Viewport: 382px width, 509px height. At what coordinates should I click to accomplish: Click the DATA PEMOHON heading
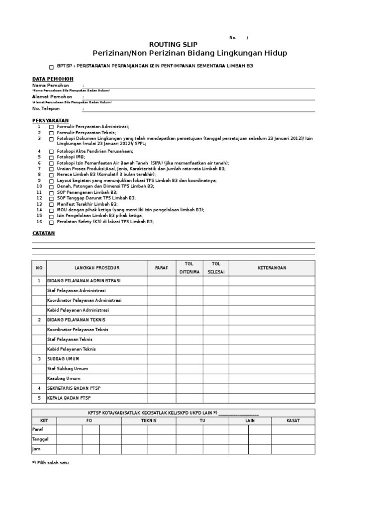[x=53, y=79]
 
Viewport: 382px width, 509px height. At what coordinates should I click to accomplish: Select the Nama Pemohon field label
[x=50, y=85]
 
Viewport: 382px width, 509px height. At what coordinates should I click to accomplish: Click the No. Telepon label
[x=46, y=108]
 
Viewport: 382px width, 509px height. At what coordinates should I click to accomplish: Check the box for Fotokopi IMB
[x=51, y=157]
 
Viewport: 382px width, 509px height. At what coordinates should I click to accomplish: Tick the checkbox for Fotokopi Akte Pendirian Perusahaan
[x=51, y=151]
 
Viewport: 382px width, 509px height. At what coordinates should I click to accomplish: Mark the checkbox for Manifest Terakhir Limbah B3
[x=51, y=204]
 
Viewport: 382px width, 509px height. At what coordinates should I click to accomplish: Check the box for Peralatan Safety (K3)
[x=51, y=222]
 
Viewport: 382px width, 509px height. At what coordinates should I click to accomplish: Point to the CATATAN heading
[x=43, y=233]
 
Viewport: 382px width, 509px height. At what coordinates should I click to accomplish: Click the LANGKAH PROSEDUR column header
[x=97, y=268]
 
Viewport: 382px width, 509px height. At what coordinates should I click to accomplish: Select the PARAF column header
[x=161, y=268]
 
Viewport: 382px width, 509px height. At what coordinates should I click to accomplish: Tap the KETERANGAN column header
[x=272, y=268]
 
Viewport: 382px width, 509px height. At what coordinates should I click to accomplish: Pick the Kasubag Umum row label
[x=63, y=378]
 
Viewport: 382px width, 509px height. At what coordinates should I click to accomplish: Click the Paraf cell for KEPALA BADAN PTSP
[x=161, y=398]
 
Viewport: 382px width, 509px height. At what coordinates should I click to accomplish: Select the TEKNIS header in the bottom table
[x=149, y=421]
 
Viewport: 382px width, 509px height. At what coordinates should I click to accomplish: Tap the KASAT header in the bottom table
[x=293, y=421]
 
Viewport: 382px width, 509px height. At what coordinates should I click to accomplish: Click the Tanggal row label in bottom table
[x=40, y=439]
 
